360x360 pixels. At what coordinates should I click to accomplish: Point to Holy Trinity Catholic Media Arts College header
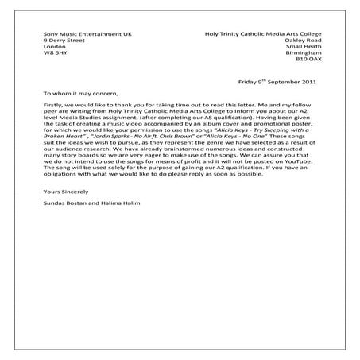click(260, 32)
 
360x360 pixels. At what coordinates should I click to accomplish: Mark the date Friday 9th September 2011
click(277, 81)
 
